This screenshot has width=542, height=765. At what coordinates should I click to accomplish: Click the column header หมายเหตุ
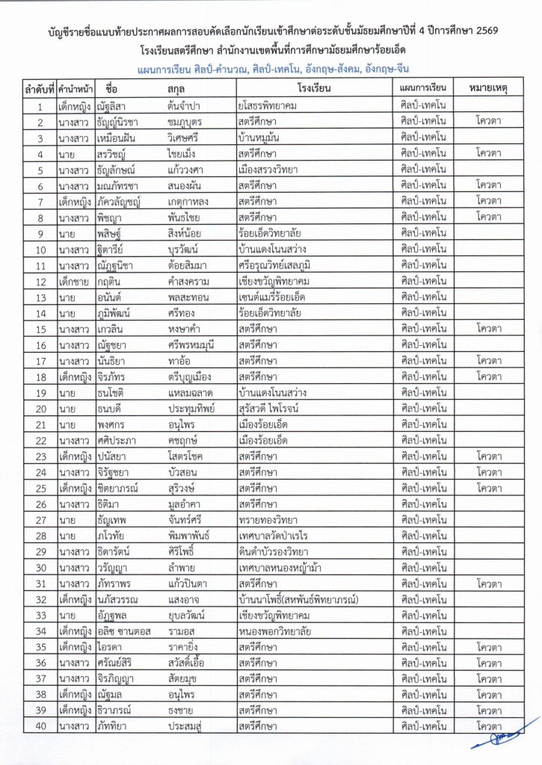(x=490, y=88)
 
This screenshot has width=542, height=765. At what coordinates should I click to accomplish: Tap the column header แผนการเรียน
(x=423, y=88)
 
